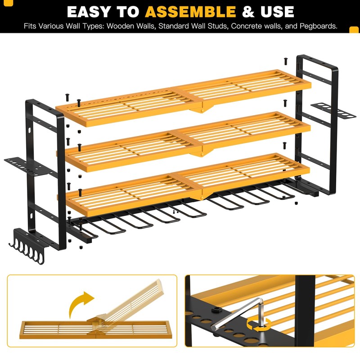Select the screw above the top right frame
[x=285, y=60]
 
